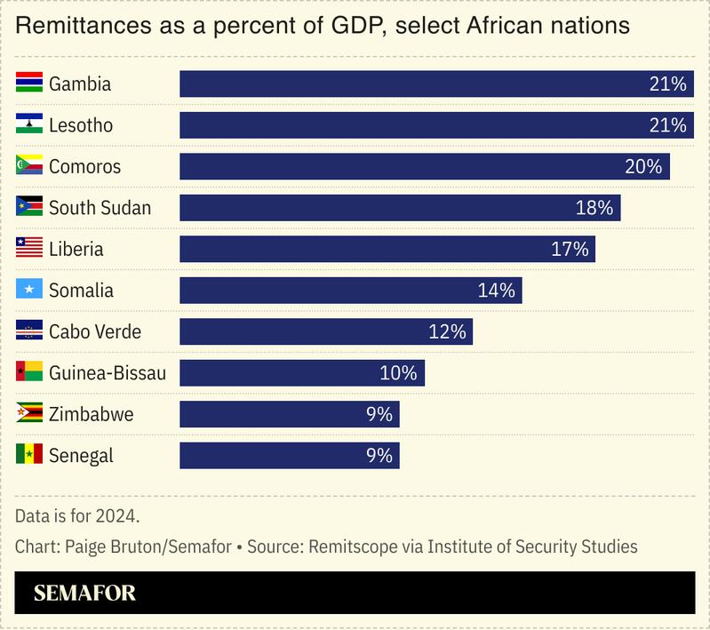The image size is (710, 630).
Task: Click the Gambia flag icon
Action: point(29,84)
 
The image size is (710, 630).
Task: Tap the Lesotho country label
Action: point(81,125)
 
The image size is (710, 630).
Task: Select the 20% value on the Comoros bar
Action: point(643,166)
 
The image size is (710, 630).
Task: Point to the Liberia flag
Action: point(29,249)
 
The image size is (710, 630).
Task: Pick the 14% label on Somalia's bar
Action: point(496,291)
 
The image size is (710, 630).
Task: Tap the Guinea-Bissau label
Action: point(108,373)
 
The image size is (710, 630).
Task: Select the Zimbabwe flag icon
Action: point(29,414)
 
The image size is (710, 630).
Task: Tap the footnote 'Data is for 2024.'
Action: point(77,515)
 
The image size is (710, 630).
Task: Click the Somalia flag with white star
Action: point(29,291)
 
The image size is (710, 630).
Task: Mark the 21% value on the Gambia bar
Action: point(668,84)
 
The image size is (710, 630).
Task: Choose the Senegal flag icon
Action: point(29,456)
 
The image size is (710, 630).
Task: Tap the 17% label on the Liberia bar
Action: point(570,249)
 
